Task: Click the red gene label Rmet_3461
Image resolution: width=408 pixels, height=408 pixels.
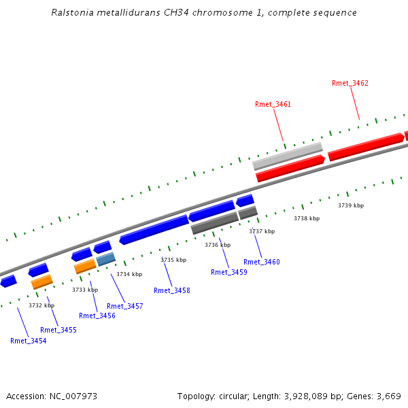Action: click(x=273, y=104)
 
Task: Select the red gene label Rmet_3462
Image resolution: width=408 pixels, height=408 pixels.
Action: click(x=350, y=83)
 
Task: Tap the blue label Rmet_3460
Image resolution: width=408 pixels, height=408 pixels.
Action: click(x=262, y=262)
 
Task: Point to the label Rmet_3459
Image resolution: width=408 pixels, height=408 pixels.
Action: click(x=229, y=272)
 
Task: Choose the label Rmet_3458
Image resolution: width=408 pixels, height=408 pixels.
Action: click(x=172, y=290)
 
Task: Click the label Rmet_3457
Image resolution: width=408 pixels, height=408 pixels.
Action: click(x=125, y=306)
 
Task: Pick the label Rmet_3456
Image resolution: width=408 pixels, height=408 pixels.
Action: click(x=97, y=316)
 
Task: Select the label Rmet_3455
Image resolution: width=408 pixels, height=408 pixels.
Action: click(x=58, y=330)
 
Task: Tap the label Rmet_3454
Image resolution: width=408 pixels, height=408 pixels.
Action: click(x=29, y=341)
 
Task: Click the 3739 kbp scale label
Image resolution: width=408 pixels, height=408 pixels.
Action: click(x=351, y=205)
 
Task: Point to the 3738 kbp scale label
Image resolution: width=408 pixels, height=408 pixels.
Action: click(x=307, y=218)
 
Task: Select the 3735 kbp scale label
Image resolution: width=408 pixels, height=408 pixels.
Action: click(x=173, y=260)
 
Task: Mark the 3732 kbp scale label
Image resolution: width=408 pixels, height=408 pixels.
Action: click(x=41, y=305)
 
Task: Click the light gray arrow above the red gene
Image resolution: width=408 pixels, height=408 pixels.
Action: click(x=287, y=156)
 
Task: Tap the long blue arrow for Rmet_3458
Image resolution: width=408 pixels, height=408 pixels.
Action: click(x=154, y=229)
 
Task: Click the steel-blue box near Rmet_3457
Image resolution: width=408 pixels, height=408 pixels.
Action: click(x=106, y=259)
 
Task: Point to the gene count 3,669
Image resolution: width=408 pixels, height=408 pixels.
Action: click(x=388, y=396)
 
